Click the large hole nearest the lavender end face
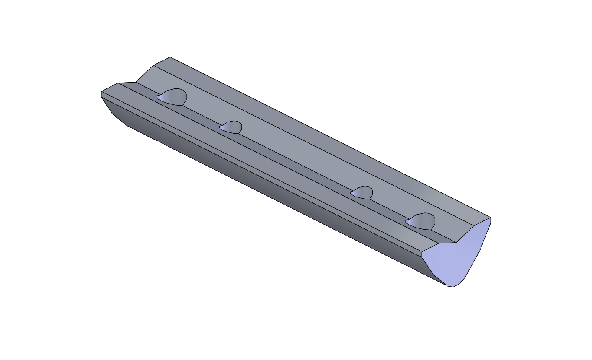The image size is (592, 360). coord(421,221)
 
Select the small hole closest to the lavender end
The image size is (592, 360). coord(362,192)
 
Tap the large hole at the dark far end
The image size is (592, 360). coord(172,97)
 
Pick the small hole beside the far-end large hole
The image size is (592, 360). coord(231,127)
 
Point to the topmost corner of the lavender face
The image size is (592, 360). coord(491,218)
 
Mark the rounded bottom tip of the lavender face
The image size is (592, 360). coord(451,287)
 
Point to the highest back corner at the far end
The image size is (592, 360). coord(170,57)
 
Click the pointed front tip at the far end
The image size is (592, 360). coord(101,92)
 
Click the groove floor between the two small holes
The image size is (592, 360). coord(293,161)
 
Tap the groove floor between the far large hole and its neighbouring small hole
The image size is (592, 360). coord(201,115)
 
